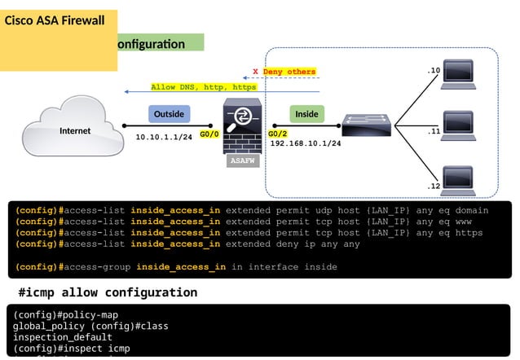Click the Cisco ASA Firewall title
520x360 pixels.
pos(55,20)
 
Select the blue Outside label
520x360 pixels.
pos(169,114)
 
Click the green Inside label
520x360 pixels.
pos(306,114)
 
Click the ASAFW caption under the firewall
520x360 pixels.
pos(243,161)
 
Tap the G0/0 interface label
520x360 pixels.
pos(209,134)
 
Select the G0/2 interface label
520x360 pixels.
pos(278,134)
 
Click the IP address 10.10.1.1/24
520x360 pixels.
pos(164,137)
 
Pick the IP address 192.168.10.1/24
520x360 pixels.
pos(306,143)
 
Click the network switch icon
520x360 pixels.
pos(367,125)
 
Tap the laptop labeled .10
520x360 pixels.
pos(457,75)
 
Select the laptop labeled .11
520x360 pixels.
pos(457,126)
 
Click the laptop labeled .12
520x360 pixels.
pos(457,179)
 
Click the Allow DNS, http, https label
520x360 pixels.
pos(204,86)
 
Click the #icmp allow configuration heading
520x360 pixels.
pos(108,292)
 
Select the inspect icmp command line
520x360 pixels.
pos(72,349)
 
